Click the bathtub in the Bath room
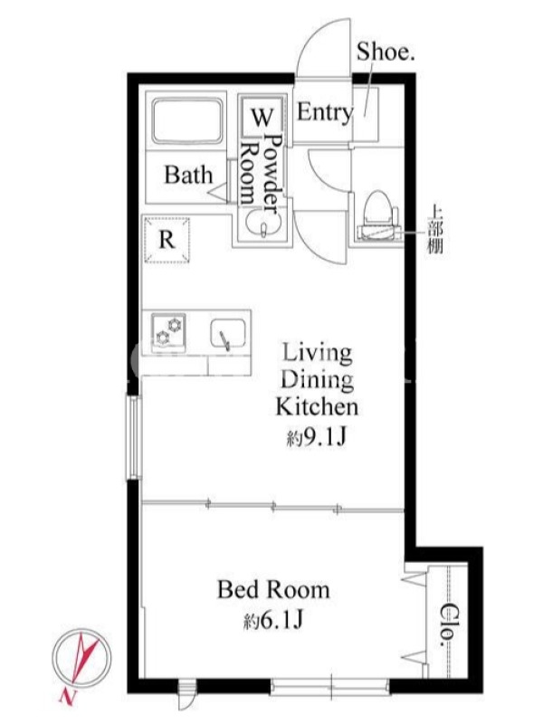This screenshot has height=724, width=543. tap(187, 121)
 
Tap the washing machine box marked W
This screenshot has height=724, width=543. tap(262, 117)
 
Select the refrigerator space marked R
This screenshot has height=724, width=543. tap(167, 240)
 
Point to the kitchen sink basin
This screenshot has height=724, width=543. tap(228, 334)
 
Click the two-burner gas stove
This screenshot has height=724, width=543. tap(168, 332)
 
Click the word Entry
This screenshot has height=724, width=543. tap(325, 112)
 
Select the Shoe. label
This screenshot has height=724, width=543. tap(386, 52)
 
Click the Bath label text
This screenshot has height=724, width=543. tap(189, 175)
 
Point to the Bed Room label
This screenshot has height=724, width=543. tap(273, 590)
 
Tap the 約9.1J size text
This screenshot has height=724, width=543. tap(316, 437)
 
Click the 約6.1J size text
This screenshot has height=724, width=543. tap(273, 621)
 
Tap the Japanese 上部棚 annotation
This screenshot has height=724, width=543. tap(435, 229)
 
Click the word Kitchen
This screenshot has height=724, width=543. tap(317, 406)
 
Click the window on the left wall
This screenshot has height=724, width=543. tap(133, 438)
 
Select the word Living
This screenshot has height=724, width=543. tap(317, 354)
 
